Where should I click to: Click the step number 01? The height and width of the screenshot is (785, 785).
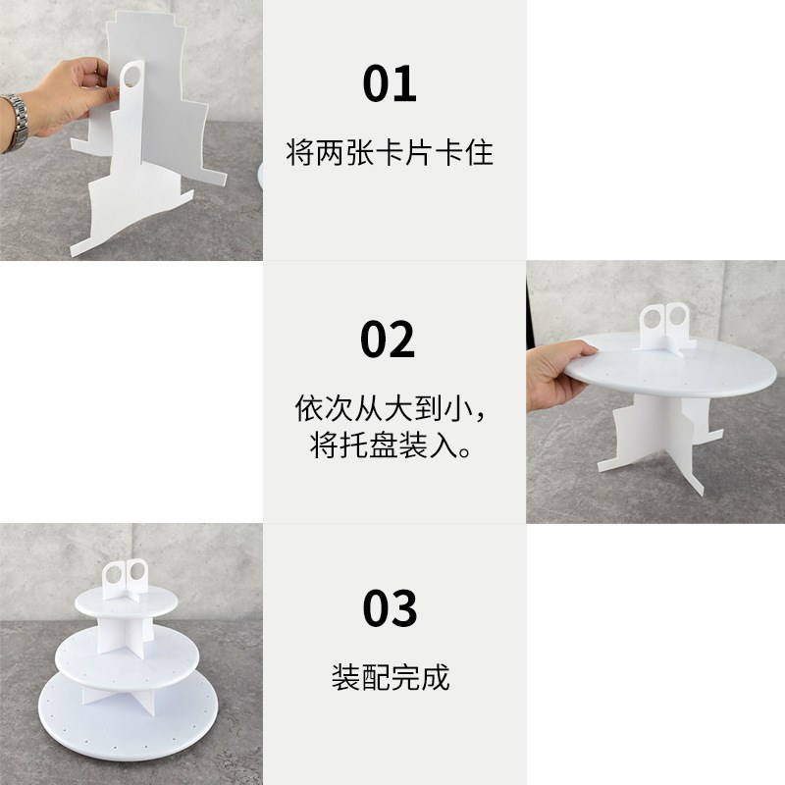coord(390,84)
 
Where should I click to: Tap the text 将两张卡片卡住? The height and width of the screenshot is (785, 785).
coord(390,153)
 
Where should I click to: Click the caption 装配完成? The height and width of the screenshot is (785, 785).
coord(390,677)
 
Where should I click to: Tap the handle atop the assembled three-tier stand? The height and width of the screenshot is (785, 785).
coord(125,572)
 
